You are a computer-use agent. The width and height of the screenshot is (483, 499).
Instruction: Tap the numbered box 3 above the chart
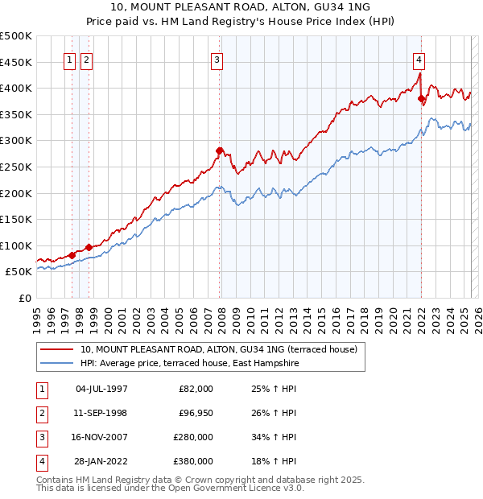217,59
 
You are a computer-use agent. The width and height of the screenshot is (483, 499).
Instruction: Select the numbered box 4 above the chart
419,59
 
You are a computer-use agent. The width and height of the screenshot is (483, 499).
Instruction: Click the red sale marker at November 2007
219,150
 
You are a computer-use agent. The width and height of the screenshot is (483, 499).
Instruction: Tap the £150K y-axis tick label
16,219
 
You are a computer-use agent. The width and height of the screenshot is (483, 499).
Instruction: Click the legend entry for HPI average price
189,364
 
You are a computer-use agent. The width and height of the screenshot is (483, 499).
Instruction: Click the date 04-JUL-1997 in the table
101,389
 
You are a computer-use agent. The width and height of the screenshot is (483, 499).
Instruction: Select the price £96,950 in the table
193,413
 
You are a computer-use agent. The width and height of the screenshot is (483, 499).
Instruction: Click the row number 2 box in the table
41,413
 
